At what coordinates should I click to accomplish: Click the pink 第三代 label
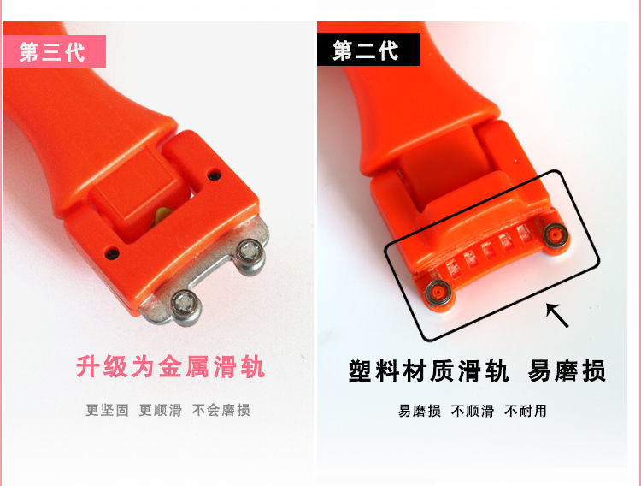tap(55, 51)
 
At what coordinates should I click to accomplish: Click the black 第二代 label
tap(368, 50)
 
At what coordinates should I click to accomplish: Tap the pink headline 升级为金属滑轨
tap(170, 366)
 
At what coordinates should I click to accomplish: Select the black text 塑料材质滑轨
tap(429, 371)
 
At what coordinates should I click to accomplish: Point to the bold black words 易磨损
tap(567, 371)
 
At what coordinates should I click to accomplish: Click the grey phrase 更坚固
tap(107, 410)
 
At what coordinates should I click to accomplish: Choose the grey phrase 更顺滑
tap(161, 410)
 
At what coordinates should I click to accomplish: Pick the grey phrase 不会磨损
tap(221, 410)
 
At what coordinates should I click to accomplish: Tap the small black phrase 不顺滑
tap(472, 411)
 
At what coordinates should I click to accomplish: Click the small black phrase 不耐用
tap(526, 411)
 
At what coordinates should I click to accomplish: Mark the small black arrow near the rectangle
tap(557, 315)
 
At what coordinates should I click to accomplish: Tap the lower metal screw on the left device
tap(185, 305)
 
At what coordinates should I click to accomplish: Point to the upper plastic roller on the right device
tap(555, 235)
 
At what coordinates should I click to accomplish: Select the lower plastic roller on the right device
tap(438, 292)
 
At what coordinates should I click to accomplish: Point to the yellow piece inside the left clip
tap(162, 216)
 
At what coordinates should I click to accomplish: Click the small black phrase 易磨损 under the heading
tap(420, 411)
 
